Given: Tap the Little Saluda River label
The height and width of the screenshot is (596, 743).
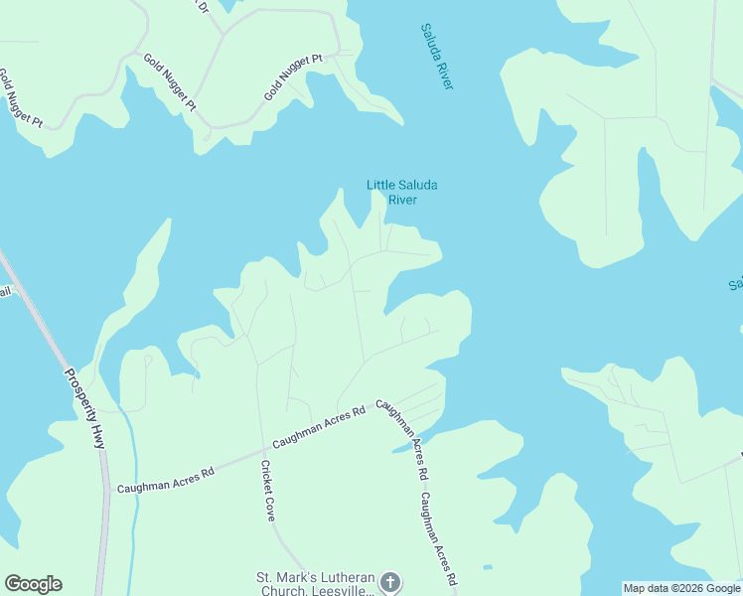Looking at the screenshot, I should click(x=401, y=192).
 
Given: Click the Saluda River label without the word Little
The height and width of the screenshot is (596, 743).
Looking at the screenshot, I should click(x=436, y=57).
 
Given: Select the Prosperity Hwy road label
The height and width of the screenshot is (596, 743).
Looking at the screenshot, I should click(x=84, y=408).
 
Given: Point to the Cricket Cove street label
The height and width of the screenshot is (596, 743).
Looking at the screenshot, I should click(x=267, y=491).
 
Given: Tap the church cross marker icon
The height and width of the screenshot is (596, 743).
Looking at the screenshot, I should click(x=390, y=582).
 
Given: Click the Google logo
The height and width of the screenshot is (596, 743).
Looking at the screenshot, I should click(x=33, y=584).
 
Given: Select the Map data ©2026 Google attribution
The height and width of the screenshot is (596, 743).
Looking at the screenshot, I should click(x=681, y=588).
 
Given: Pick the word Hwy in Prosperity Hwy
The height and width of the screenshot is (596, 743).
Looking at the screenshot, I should click(x=98, y=438).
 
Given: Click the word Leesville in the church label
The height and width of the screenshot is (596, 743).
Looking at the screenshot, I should click(x=345, y=589).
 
